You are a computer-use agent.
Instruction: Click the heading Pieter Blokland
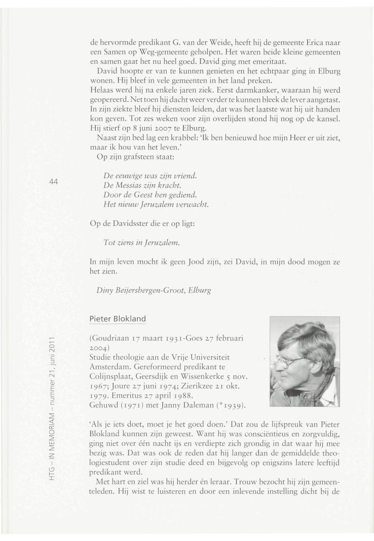117,319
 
